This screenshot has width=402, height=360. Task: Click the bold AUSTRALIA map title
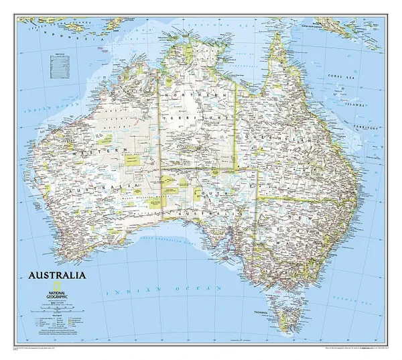(x=56, y=276)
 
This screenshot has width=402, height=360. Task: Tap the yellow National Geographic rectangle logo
(x=42, y=285)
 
